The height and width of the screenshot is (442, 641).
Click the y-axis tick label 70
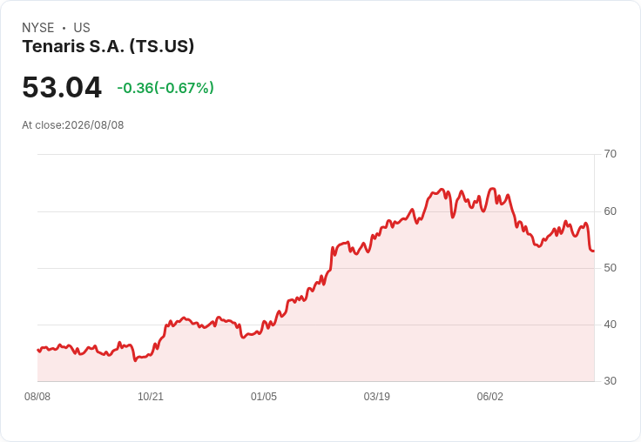tap(610, 154)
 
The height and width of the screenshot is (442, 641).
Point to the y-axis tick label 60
tap(610, 211)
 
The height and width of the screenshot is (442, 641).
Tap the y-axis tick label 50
tap(610, 268)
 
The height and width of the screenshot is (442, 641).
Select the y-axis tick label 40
tap(610, 325)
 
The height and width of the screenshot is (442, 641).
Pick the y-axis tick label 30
tap(610, 381)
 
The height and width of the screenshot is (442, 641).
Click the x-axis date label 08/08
tap(37, 397)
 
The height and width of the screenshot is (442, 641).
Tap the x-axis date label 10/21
tap(151, 397)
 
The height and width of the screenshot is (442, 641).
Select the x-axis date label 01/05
tap(264, 397)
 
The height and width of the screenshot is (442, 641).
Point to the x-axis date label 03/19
tap(377, 397)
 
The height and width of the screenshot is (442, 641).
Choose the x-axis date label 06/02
tap(490, 397)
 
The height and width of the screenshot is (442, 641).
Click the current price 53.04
tap(62, 87)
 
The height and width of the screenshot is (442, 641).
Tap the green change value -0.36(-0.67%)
tap(165, 88)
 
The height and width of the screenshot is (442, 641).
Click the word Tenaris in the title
tap(53, 46)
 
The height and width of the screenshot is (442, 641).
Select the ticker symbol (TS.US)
tap(162, 47)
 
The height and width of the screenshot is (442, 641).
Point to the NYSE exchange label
tap(38, 28)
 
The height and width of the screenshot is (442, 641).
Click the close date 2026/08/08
tap(94, 125)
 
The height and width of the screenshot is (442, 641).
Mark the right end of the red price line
tap(594, 251)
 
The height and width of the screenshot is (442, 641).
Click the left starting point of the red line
tap(37, 350)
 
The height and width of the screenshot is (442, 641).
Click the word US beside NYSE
tap(82, 28)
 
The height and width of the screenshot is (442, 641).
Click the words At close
tap(43, 125)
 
